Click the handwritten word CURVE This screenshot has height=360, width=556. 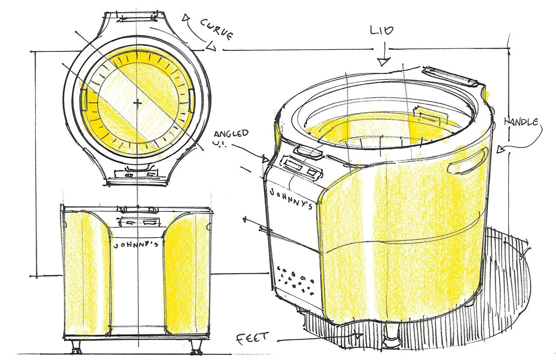click(x=217, y=30)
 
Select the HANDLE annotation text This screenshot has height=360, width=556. click(x=521, y=122)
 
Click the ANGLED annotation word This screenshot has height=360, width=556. click(x=231, y=133)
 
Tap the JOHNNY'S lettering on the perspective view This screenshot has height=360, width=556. click(x=291, y=199)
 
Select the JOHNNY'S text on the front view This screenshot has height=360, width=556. click(x=136, y=245)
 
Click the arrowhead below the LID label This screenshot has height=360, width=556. click(x=384, y=62)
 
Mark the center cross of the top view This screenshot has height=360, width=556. click(x=137, y=102)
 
